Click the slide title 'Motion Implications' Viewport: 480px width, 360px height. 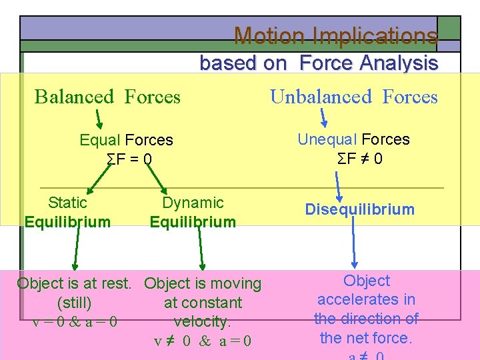[336, 35]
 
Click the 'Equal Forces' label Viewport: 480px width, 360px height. [126, 140]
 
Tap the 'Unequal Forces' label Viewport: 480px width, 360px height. [353, 139]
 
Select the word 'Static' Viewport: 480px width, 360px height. [67, 203]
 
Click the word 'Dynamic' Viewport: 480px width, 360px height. [193, 203]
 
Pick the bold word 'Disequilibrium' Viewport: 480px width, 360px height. [359, 209]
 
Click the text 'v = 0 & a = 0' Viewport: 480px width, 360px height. [75, 322]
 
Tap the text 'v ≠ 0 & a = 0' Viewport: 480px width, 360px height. [202, 341]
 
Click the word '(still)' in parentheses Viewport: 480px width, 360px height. [74, 303]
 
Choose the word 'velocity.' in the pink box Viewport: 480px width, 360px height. [202, 322]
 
